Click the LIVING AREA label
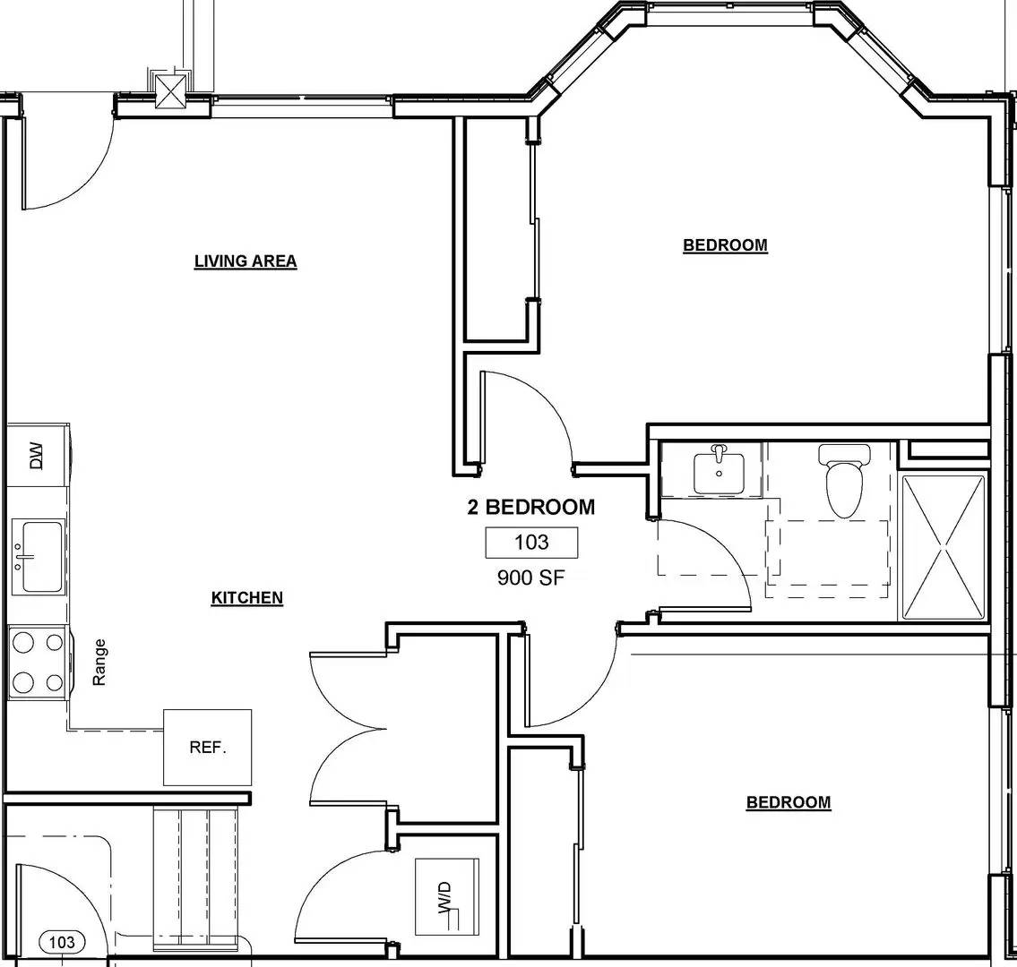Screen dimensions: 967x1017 pos(246,261)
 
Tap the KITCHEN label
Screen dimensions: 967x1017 pos(246,598)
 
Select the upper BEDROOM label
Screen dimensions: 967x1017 pos(725,245)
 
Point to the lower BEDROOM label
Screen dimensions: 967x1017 pos(789,802)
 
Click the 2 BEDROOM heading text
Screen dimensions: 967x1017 pos(530,508)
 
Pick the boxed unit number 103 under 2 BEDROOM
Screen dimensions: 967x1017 pos(531,543)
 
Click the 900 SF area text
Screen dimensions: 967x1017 pos(531,578)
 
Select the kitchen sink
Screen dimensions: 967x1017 pos(39,556)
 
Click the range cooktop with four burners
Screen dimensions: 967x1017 pos(38,663)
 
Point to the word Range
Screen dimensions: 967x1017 pos(99,662)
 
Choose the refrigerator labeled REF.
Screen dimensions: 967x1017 pos(207,747)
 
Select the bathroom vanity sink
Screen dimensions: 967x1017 pos(718,471)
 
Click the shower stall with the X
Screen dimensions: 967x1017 pos(943,547)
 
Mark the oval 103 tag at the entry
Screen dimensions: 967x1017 pos(62,942)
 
